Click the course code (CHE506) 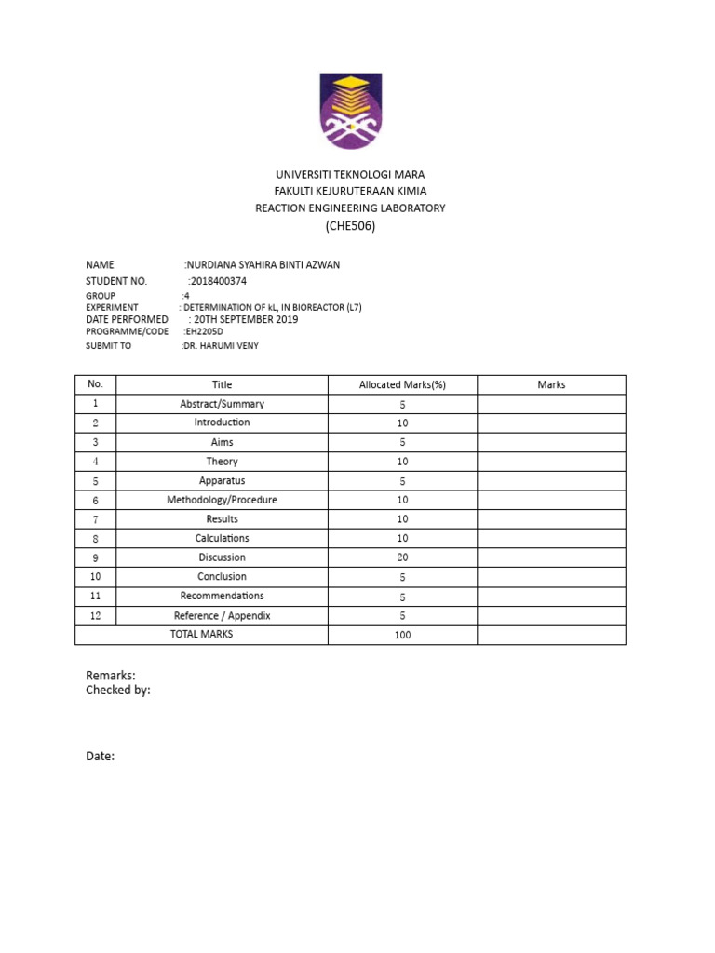click(350, 226)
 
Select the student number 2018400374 click(218, 280)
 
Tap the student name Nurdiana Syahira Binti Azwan click(263, 265)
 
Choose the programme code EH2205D click(203, 331)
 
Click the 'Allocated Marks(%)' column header click(402, 384)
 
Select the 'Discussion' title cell click(222, 557)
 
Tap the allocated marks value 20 click(402, 557)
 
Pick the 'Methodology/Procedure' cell click(222, 500)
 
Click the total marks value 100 click(402, 635)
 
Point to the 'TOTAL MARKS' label click(201, 634)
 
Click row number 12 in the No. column click(95, 615)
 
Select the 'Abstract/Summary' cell click(222, 404)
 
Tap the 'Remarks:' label click(111, 675)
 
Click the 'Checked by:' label click(118, 690)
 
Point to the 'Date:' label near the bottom click(100, 757)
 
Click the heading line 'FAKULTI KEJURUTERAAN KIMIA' click(350, 191)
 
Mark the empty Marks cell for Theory click(551, 462)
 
